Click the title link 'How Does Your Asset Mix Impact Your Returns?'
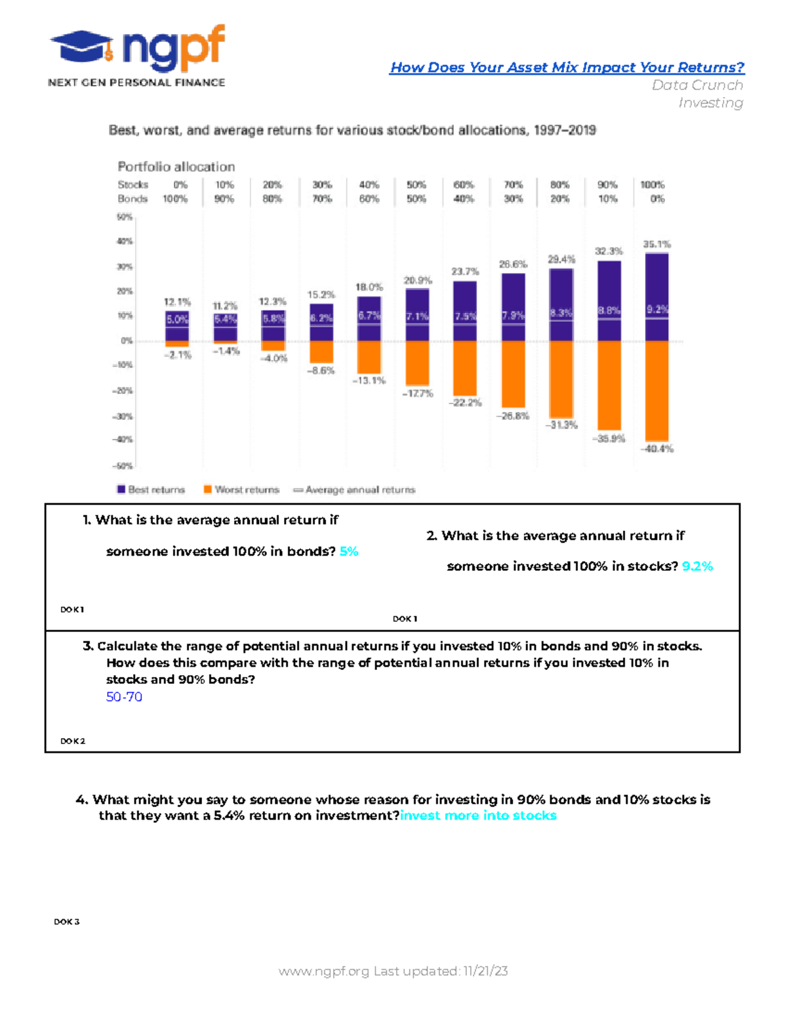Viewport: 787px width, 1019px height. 567,68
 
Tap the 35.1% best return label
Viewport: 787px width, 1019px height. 656,244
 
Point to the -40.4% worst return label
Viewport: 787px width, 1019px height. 657,449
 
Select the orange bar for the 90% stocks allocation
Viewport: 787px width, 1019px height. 609,385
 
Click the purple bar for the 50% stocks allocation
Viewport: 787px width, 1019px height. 417,315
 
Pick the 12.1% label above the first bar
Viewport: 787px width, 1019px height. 177,302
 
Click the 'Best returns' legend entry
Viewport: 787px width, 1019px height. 151,489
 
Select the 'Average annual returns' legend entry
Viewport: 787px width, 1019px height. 354,489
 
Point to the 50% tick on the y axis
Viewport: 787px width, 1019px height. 125,217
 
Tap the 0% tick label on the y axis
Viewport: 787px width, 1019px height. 127,341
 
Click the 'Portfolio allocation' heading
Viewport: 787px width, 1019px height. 176,167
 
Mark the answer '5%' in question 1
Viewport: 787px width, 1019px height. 349,552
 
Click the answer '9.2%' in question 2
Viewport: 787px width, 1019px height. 697,566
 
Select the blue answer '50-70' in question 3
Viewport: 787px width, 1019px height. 124,697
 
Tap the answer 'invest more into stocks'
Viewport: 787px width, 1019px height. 478,816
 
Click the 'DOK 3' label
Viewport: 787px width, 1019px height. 66,922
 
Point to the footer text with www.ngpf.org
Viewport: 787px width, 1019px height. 393,971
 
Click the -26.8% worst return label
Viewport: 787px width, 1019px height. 513,416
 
